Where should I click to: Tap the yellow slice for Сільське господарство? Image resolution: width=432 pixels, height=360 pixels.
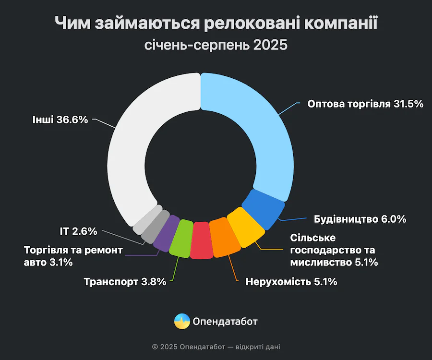(245, 227)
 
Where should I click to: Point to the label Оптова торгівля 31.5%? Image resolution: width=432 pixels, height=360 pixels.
(365, 104)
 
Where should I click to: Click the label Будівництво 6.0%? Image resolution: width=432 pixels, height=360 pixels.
(360, 219)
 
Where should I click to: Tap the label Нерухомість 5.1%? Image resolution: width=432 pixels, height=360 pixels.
(291, 282)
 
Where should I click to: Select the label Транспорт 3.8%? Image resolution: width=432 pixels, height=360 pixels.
(125, 282)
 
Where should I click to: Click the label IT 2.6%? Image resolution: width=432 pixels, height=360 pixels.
(78, 231)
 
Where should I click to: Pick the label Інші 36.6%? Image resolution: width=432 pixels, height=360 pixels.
(60, 120)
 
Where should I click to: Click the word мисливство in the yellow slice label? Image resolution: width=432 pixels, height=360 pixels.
(321, 262)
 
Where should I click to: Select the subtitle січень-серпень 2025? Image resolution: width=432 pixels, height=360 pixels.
(216, 46)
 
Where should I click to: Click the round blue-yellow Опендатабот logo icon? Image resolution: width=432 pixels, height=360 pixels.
(182, 321)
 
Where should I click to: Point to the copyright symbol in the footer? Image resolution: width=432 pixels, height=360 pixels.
(155, 347)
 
